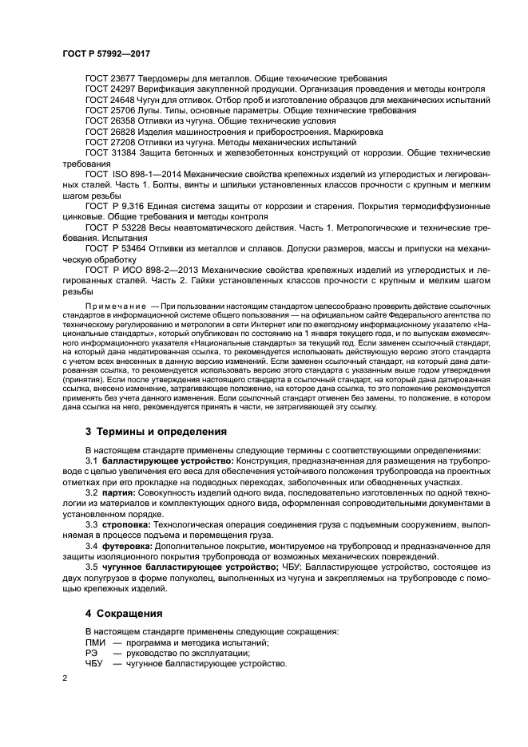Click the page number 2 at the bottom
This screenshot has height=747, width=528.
[x=66, y=678]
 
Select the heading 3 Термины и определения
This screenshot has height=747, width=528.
[x=145, y=432]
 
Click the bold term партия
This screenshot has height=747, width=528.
[x=117, y=493]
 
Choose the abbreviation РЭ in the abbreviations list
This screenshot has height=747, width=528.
[x=90, y=654]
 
